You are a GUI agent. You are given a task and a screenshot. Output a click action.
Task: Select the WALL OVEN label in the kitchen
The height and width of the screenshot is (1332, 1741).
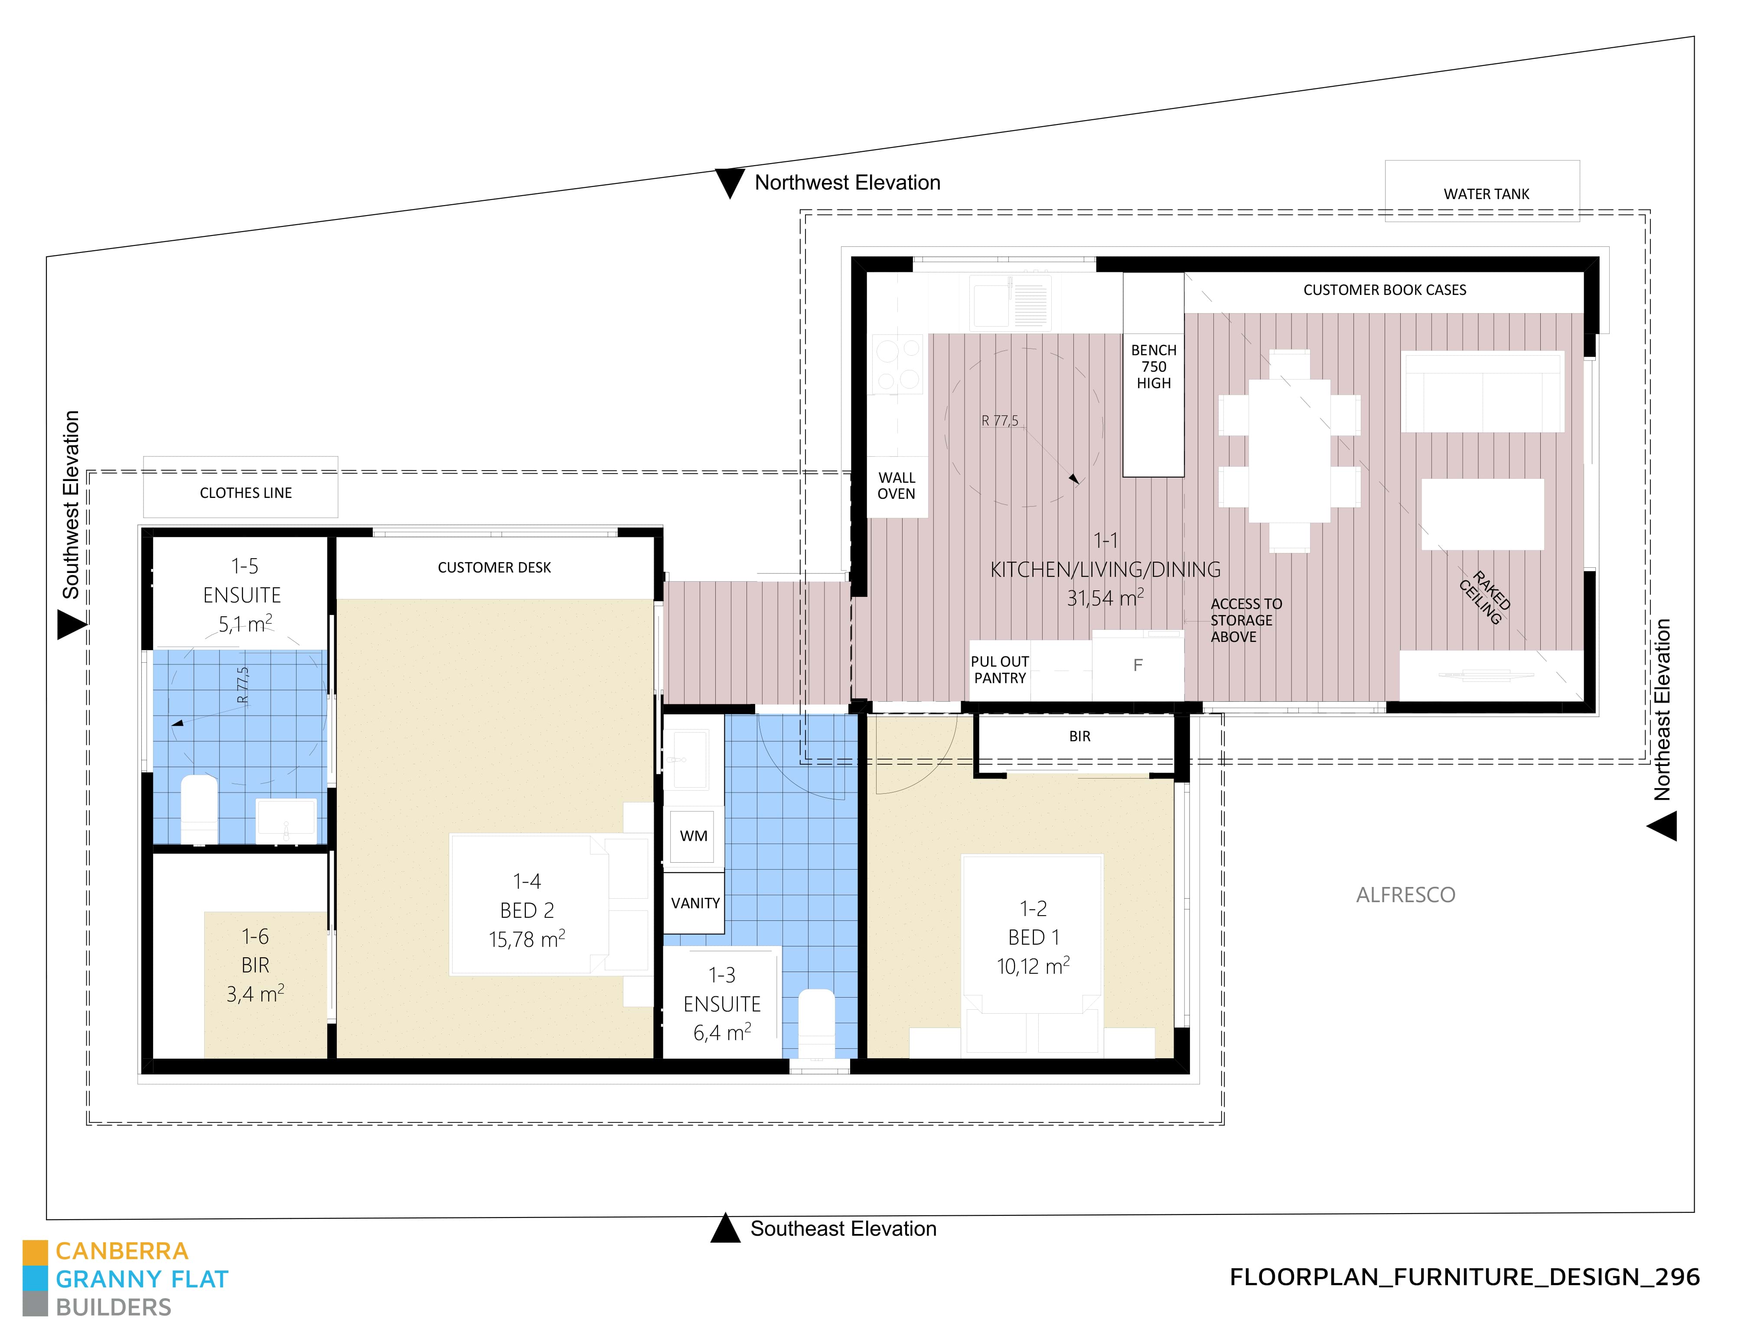(x=896, y=485)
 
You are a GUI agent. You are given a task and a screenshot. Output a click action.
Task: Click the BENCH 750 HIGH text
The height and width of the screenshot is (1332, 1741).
(x=1153, y=367)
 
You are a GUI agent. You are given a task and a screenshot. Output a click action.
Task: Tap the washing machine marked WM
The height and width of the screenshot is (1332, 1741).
(x=693, y=836)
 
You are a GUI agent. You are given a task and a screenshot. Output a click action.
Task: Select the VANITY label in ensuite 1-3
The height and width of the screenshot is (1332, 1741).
(x=695, y=903)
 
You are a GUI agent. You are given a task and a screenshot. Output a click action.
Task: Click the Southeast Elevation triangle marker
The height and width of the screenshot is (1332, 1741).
(x=725, y=1229)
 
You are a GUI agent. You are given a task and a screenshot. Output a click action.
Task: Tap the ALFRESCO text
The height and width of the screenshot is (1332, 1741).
(x=1405, y=895)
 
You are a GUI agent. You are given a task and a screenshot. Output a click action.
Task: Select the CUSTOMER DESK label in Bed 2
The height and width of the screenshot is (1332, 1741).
(x=494, y=567)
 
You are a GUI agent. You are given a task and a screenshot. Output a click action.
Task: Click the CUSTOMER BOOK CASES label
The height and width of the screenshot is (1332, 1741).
(x=1384, y=290)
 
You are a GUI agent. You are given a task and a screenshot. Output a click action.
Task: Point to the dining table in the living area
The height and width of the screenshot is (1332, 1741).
(x=1289, y=450)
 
